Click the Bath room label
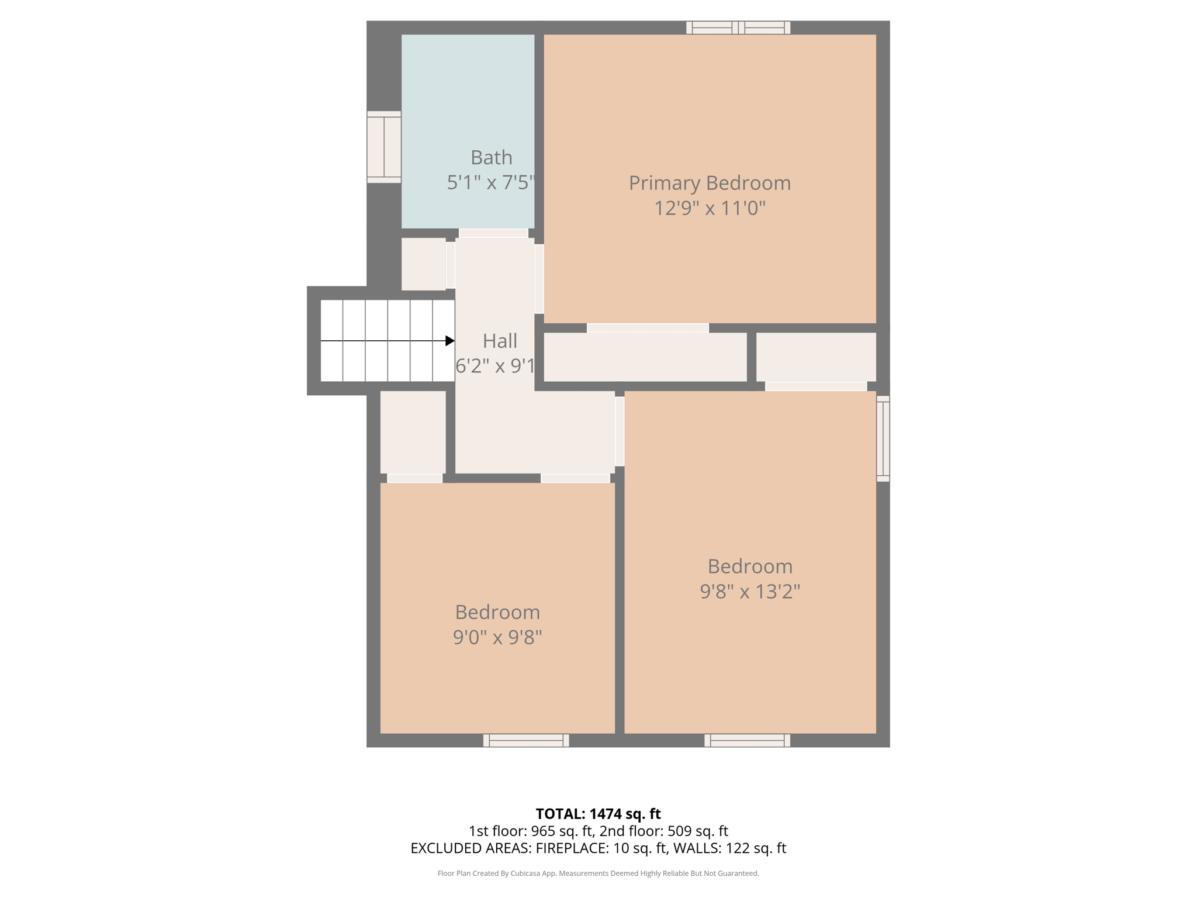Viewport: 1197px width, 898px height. tap(491, 158)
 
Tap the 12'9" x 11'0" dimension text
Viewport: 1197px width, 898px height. tap(709, 208)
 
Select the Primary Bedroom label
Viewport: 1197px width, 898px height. tap(709, 183)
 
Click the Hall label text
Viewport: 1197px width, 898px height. tap(500, 341)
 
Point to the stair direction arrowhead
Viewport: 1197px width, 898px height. tap(449, 341)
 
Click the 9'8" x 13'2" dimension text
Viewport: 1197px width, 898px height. tap(749, 592)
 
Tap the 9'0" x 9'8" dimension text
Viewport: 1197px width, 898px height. tap(497, 637)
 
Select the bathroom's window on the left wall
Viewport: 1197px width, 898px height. tap(384, 147)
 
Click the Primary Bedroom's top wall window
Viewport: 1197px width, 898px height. tap(738, 27)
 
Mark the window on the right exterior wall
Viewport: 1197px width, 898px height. tap(883, 438)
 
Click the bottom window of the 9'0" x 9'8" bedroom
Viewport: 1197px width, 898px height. tap(525, 740)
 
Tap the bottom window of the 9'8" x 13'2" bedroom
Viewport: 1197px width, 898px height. tap(746, 740)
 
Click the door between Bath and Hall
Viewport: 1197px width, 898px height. tap(493, 233)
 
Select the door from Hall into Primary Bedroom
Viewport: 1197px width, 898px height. tap(539, 279)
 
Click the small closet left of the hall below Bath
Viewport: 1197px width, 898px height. tap(423, 264)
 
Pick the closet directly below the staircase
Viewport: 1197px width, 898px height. tap(413, 432)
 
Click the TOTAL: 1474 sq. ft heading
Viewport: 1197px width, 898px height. tap(598, 814)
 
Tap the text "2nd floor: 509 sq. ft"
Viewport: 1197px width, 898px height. tap(663, 831)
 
